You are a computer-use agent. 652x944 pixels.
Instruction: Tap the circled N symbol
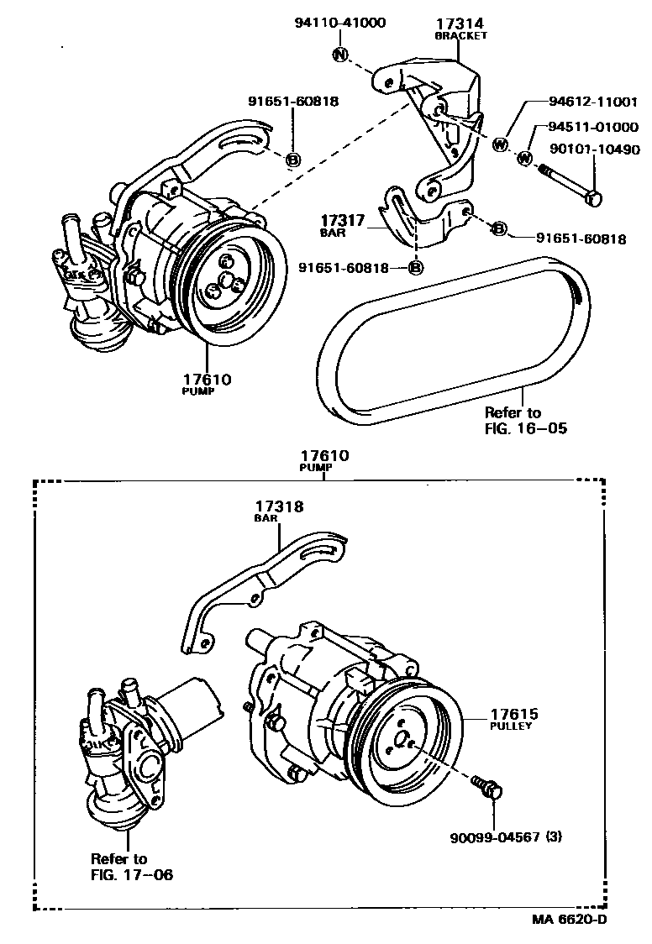click(340, 55)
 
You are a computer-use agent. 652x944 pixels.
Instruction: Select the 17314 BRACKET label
click(460, 29)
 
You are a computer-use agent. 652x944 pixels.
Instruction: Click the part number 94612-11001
click(587, 102)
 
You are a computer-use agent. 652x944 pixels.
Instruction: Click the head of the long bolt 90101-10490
click(594, 200)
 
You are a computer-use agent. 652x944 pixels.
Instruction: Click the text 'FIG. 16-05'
click(526, 428)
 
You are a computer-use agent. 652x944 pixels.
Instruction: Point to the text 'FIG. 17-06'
click(132, 873)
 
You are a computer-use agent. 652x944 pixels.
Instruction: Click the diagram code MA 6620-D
click(568, 919)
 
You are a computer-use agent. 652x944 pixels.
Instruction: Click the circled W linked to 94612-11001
click(500, 144)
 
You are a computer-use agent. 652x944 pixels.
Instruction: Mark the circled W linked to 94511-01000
click(525, 157)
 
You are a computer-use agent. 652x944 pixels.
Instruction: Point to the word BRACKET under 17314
click(460, 36)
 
